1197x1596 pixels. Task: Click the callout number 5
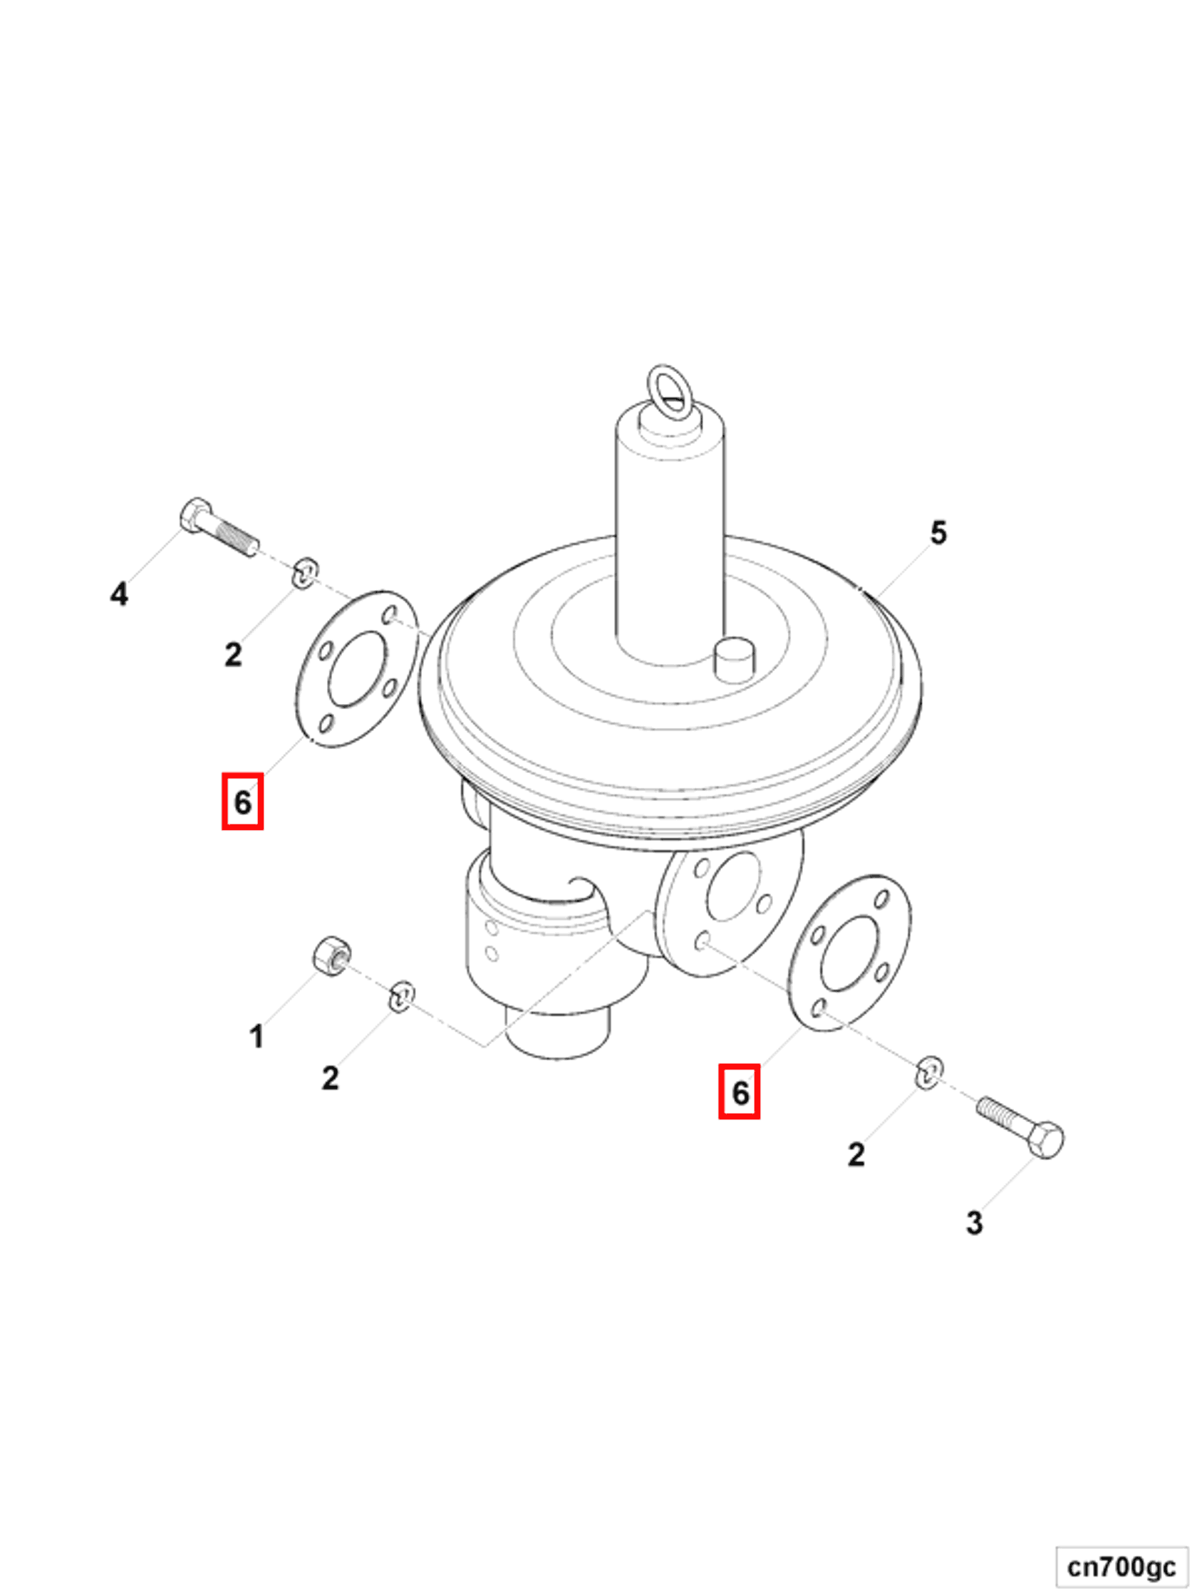click(937, 533)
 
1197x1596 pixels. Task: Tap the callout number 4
click(119, 594)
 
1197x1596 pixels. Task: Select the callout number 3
click(974, 1222)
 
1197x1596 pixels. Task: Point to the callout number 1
click(256, 1036)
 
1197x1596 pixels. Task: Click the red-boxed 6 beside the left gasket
click(242, 802)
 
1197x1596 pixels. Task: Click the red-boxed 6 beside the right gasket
click(740, 1092)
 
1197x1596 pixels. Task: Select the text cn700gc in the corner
click(1121, 1566)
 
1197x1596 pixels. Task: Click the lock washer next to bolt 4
click(304, 572)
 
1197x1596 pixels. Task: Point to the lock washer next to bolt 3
click(928, 1072)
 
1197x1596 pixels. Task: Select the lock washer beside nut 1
click(401, 995)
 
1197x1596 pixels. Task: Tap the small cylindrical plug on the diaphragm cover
click(734, 658)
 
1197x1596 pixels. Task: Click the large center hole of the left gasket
click(357, 669)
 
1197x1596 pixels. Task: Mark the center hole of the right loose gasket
click(849, 953)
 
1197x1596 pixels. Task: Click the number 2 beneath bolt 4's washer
click(232, 654)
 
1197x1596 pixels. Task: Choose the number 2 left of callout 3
click(856, 1154)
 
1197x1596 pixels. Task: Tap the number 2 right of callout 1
click(330, 1078)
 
